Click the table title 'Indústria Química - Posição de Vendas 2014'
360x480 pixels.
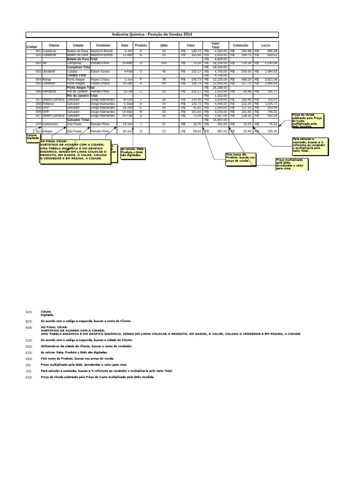[x=152, y=35]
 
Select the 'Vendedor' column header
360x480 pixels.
[x=103, y=45]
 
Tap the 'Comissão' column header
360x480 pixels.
[x=240, y=45]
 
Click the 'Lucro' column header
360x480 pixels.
[x=266, y=45]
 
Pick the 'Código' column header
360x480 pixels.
[x=32, y=47]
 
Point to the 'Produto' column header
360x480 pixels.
[x=141, y=45]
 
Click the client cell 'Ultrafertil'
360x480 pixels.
[x=50, y=71]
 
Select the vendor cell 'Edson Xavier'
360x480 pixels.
[x=100, y=71]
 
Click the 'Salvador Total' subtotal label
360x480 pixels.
[x=78, y=120]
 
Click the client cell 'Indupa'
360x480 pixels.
[x=48, y=132]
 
